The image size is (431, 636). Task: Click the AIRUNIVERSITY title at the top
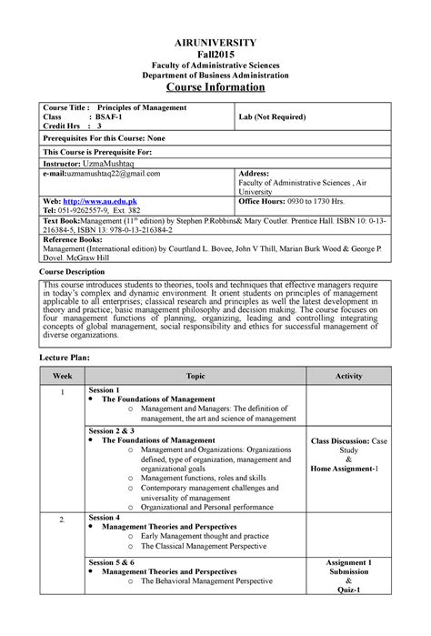(x=215, y=43)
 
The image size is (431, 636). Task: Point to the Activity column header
(x=348, y=376)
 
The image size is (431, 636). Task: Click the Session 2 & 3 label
(x=112, y=429)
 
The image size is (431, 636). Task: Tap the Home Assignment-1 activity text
(x=348, y=469)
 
